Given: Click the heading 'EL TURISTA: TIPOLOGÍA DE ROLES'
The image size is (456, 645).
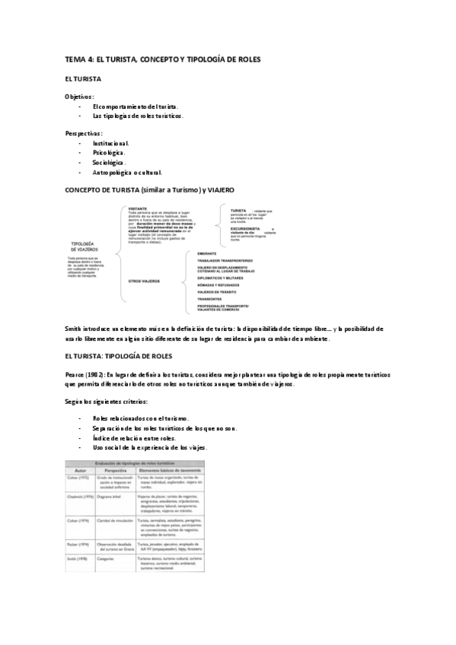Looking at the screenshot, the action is tap(120, 354).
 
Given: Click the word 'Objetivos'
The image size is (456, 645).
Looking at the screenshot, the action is tap(78, 97).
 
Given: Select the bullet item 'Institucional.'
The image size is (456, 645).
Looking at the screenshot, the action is tap(110, 142).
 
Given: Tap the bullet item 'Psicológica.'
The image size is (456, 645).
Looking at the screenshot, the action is tap(109, 152).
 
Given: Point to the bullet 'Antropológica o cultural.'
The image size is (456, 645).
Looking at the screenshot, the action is tap(127, 172).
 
